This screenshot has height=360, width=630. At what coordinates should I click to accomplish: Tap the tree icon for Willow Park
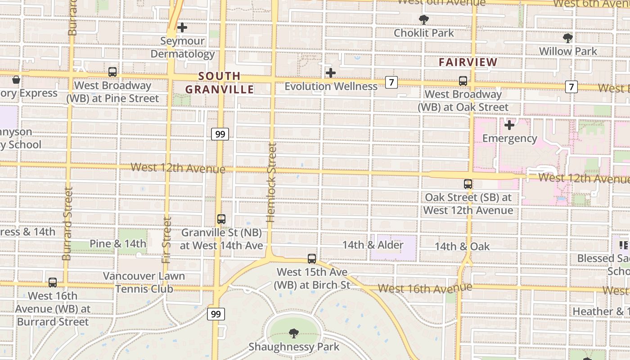(568, 38)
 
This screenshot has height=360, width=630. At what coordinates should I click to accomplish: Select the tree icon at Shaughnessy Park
(293, 333)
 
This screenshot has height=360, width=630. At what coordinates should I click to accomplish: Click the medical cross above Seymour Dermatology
(182, 28)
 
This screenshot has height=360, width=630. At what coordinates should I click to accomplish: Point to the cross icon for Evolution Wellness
(331, 73)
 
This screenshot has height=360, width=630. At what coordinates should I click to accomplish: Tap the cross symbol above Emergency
(509, 125)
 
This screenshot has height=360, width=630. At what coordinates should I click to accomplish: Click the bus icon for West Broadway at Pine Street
(112, 72)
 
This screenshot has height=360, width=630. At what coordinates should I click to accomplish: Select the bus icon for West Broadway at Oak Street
(463, 81)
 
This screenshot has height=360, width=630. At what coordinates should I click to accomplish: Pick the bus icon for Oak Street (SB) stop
(468, 184)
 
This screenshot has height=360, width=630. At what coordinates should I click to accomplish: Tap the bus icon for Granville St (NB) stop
(221, 219)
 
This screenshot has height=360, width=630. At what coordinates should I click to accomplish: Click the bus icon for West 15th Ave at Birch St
(312, 259)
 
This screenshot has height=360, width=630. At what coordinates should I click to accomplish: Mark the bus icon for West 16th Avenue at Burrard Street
(53, 283)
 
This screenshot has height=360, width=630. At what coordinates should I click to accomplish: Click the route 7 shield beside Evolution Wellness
(391, 82)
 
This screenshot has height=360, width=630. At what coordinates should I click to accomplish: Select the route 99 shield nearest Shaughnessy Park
(216, 314)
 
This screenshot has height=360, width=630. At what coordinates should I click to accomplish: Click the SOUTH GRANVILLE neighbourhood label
(220, 83)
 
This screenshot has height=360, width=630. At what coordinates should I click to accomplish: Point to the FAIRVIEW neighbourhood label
(468, 62)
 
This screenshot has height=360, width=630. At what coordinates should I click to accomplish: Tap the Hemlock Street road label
(270, 182)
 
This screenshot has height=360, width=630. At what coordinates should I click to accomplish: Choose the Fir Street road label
(167, 240)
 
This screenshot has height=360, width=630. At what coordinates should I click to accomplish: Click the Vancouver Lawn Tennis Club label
(144, 282)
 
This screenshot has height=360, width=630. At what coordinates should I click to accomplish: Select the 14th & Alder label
(373, 245)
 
